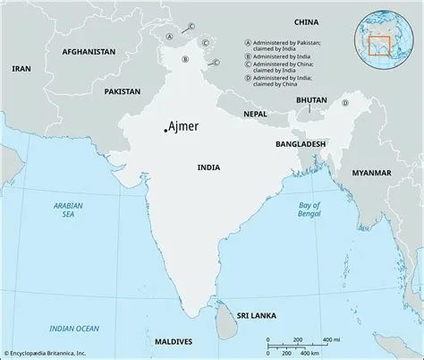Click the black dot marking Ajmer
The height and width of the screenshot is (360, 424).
click(164, 131)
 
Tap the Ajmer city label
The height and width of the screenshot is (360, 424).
click(184, 126)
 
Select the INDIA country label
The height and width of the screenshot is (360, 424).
click(208, 167)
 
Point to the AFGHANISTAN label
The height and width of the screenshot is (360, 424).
click(89, 52)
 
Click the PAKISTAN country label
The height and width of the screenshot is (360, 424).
click(122, 91)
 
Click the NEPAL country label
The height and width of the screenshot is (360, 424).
click(255, 114)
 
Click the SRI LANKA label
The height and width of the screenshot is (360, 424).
click(254, 316)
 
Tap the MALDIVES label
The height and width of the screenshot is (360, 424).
click(174, 342)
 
